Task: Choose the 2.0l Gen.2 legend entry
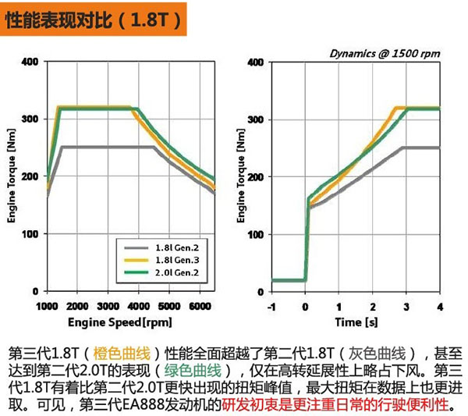(163, 272)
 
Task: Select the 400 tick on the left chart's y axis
(30, 61)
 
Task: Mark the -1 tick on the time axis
(271, 304)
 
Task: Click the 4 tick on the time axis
(440, 304)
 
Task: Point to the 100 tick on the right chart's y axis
(254, 234)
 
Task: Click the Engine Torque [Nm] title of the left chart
(12, 178)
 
